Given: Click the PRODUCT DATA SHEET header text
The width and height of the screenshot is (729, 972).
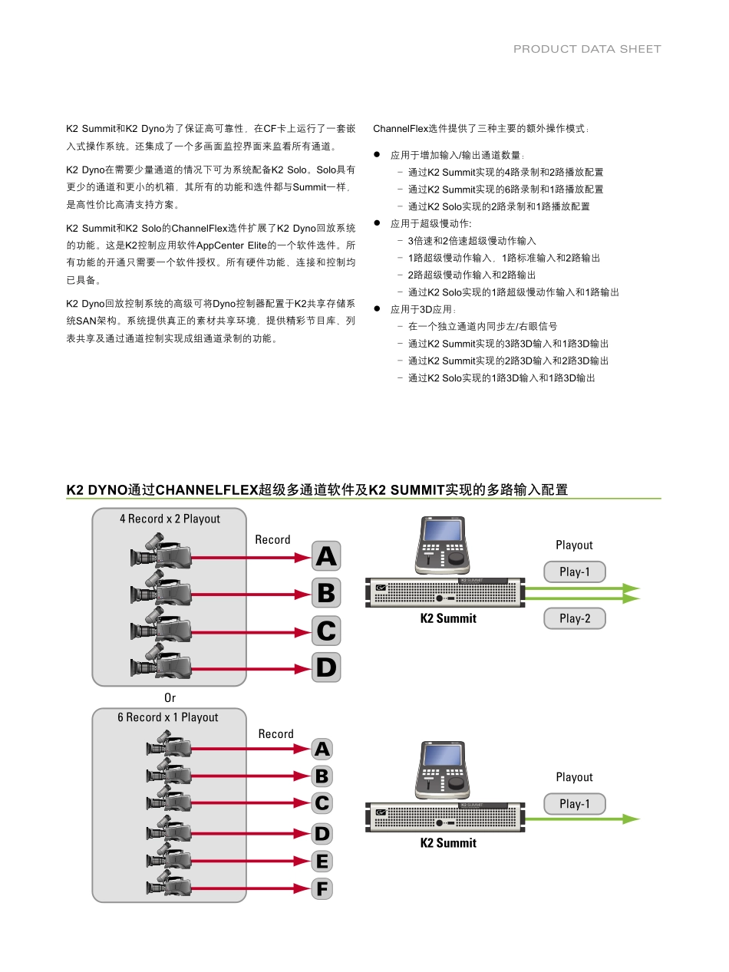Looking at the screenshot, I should click(587, 49).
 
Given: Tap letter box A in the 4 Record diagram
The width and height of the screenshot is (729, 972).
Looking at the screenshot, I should click(326, 556).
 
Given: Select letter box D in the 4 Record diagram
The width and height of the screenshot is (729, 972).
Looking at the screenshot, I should click(326, 667).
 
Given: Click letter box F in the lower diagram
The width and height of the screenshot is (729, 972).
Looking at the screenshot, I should click(322, 889).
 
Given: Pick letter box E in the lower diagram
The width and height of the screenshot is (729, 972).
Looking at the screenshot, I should click(322, 862).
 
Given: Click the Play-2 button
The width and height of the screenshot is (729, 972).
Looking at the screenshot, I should click(575, 618).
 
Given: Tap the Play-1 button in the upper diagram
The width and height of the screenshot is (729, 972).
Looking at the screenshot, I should click(575, 572).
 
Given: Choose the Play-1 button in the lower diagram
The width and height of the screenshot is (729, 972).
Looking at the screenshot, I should click(575, 804).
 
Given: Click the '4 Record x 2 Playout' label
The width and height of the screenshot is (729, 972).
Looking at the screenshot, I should click(170, 519).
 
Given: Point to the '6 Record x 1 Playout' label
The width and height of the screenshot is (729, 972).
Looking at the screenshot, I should click(168, 717).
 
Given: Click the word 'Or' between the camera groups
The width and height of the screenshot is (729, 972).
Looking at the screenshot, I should click(170, 698).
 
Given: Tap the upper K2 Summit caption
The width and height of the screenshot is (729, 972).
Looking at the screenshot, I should click(448, 618).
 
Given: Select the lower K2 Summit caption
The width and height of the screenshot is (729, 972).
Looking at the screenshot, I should click(448, 843).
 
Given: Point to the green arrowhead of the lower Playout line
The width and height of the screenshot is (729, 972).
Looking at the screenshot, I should click(631, 819).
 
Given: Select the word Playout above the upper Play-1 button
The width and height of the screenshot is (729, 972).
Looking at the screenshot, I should click(574, 545).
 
